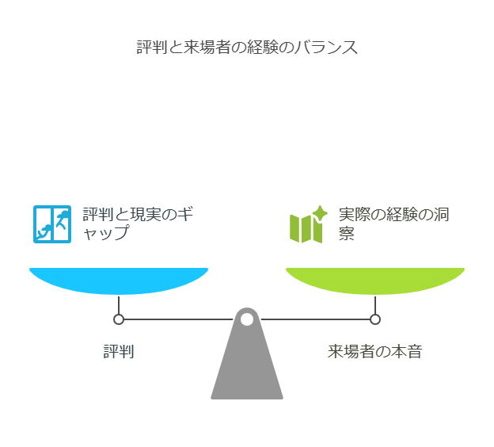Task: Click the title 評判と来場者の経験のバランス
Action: (x=247, y=48)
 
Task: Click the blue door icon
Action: (x=52, y=223)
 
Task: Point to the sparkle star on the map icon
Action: (x=320, y=212)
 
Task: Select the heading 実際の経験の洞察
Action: (x=393, y=223)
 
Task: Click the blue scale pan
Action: (x=119, y=280)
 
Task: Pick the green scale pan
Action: (x=375, y=280)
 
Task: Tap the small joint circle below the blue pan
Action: (x=119, y=319)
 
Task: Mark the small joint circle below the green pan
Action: (x=375, y=319)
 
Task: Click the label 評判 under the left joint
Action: (x=119, y=351)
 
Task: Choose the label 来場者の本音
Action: (x=375, y=351)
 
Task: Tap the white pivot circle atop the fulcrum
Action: (x=247, y=319)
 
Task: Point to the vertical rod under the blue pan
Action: (x=119, y=305)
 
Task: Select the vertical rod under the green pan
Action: (x=375, y=305)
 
